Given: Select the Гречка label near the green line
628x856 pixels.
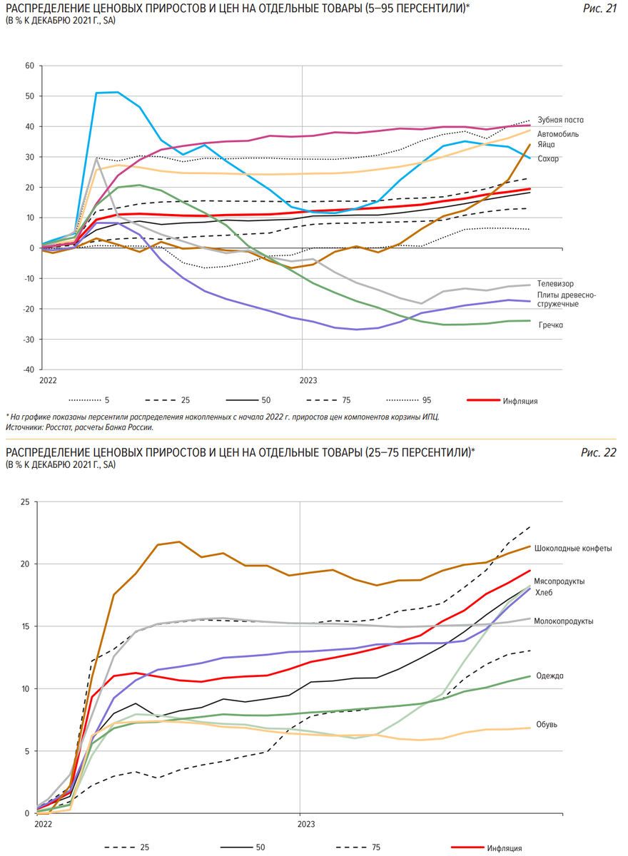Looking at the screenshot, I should click(x=550, y=325).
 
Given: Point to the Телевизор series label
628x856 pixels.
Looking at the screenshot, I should click(x=555, y=283).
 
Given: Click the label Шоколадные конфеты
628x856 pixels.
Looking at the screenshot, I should click(x=572, y=549).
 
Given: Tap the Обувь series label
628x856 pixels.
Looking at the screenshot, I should click(x=546, y=725).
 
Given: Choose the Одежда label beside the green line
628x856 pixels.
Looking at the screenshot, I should click(x=549, y=676).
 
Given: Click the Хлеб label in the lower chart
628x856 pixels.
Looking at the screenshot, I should click(x=544, y=592).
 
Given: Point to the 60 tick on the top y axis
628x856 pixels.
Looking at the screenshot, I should click(x=29, y=66).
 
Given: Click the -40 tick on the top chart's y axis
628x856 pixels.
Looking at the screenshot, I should click(x=28, y=370).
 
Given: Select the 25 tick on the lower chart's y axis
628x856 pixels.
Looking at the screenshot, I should click(x=25, y=502).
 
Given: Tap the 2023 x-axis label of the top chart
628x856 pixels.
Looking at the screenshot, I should click(x=308, y=382).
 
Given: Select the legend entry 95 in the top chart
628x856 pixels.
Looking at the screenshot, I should click(x=427, y=401).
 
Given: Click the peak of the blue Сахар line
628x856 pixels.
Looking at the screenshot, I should click(x=118, y=92).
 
